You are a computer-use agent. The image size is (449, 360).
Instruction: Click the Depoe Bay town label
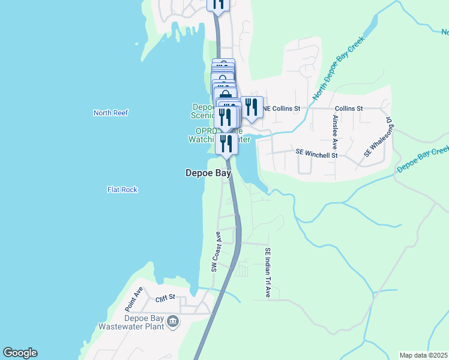[x=208, y=173]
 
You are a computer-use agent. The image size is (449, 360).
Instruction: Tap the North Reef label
[x=111, y=113]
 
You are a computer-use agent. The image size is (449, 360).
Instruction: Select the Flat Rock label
[x=122, y=190]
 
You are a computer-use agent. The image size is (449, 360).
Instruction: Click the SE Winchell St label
[x=317, y=154]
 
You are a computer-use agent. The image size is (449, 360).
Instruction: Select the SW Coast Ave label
[x=216, y=252]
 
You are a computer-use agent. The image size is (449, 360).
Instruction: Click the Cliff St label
[x=165, y=297]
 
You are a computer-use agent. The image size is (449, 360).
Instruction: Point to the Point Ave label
[x=134, y=296]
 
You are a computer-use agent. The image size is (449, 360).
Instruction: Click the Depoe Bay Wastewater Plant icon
[x=173, y=322]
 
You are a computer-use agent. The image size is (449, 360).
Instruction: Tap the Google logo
[x=20, y=353]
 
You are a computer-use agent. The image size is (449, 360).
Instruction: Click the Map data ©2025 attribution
[x=424, y=355]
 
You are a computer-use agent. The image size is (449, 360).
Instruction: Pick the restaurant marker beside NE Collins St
[x=252, y=107]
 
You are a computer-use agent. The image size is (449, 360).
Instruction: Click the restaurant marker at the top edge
[x=218, y=3]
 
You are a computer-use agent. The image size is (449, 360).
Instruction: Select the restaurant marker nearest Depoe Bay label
[x=227, y=143]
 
